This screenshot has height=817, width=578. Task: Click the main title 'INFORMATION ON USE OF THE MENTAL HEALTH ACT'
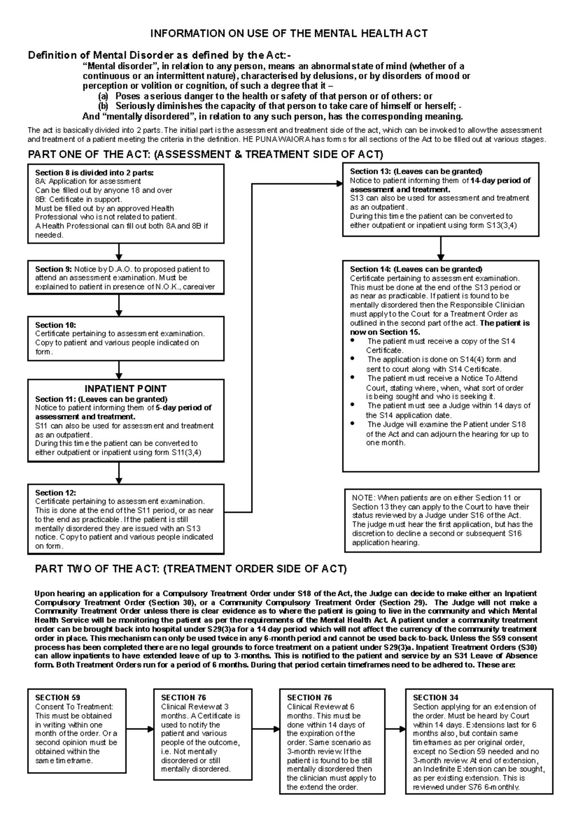tap(289, 34)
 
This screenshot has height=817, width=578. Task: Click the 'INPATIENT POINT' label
tap(126, 389)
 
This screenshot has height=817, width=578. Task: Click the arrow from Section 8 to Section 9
tap(119, 252)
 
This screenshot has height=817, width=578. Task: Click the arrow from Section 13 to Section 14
tap(440, 248)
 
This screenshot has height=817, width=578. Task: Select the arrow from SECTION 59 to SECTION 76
tap(141, 729)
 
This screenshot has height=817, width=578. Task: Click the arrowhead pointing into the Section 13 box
tap(338, 183)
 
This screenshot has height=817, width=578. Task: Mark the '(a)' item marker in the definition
tap(103, 96)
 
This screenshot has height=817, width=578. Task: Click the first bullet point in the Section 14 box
tap(353, 341)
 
